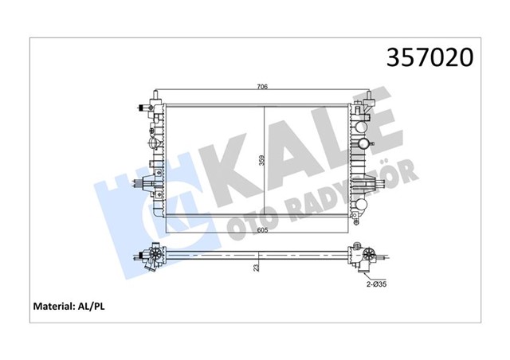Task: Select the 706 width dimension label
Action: (261, 86)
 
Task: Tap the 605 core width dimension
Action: (261, 229)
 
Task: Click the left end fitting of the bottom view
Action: (151, 256)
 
